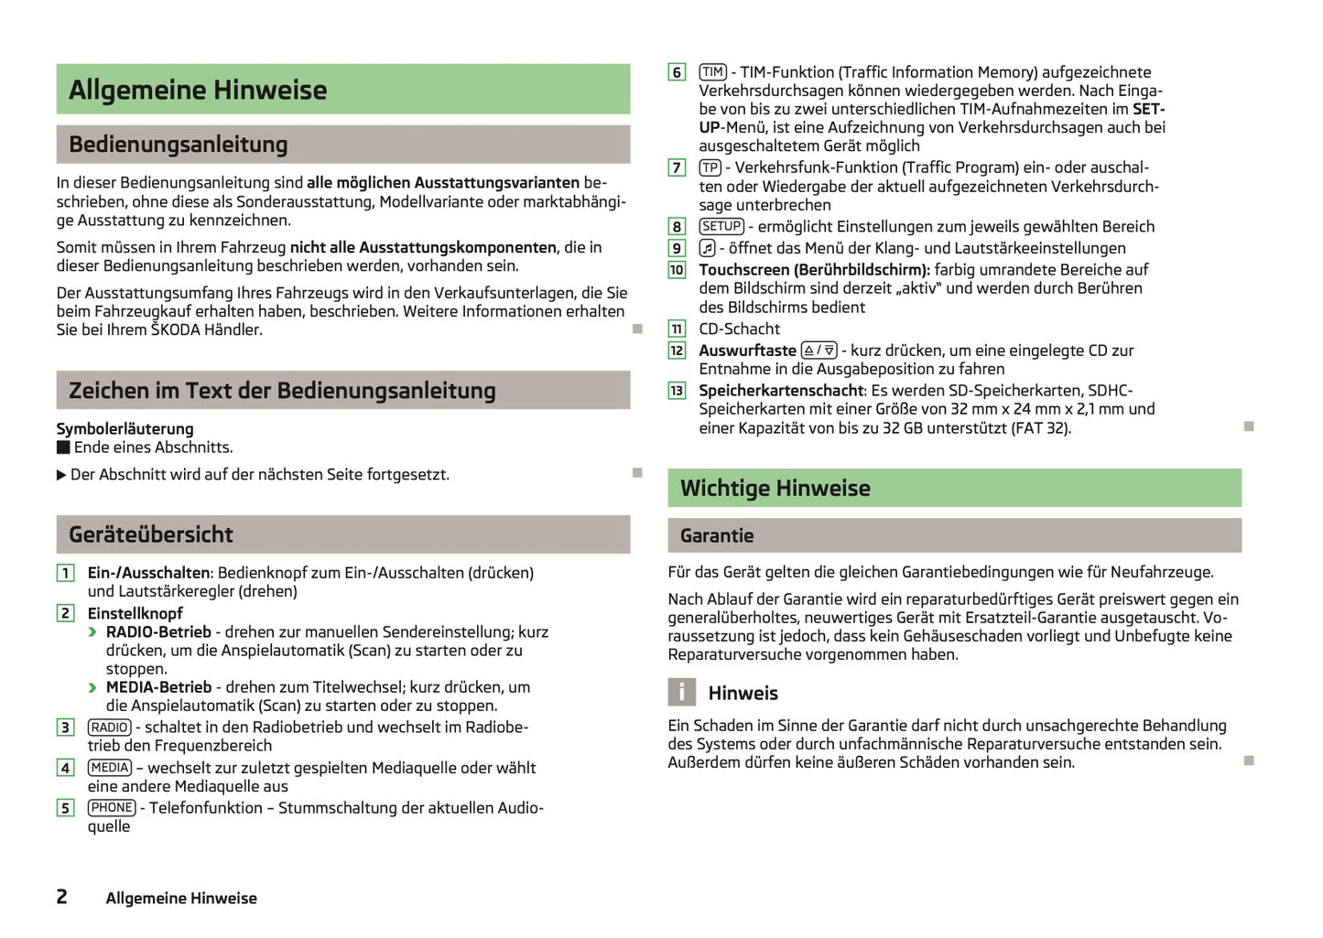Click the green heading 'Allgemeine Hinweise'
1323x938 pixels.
click(198, 90)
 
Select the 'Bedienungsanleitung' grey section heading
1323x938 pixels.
click(179, 145)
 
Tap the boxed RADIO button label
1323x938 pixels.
click(110, 728)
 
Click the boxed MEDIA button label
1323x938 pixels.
click(110, 768)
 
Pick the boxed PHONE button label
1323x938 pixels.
click(112, 808)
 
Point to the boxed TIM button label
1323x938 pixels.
click(712, 72)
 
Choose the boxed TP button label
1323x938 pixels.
click(710, 167)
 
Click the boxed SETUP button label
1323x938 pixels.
click(721, 226)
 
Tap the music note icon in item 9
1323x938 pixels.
click(707, 248)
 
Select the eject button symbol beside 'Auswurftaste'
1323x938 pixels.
click(819, 350)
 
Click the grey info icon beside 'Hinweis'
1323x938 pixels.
click(681, 692)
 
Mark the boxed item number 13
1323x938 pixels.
click(677, 391)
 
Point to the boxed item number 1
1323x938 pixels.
click(65, 573)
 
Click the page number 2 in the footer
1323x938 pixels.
click(61, 897)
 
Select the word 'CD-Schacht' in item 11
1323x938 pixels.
click(740, 329)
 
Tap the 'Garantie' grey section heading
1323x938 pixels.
click(717, 536)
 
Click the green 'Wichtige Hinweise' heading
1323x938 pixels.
click(775, 489)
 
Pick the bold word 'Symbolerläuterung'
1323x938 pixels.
click(125, 429)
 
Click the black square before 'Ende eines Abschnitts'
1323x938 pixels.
click(63, 447)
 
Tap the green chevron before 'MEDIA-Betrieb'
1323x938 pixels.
click(92, 687)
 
